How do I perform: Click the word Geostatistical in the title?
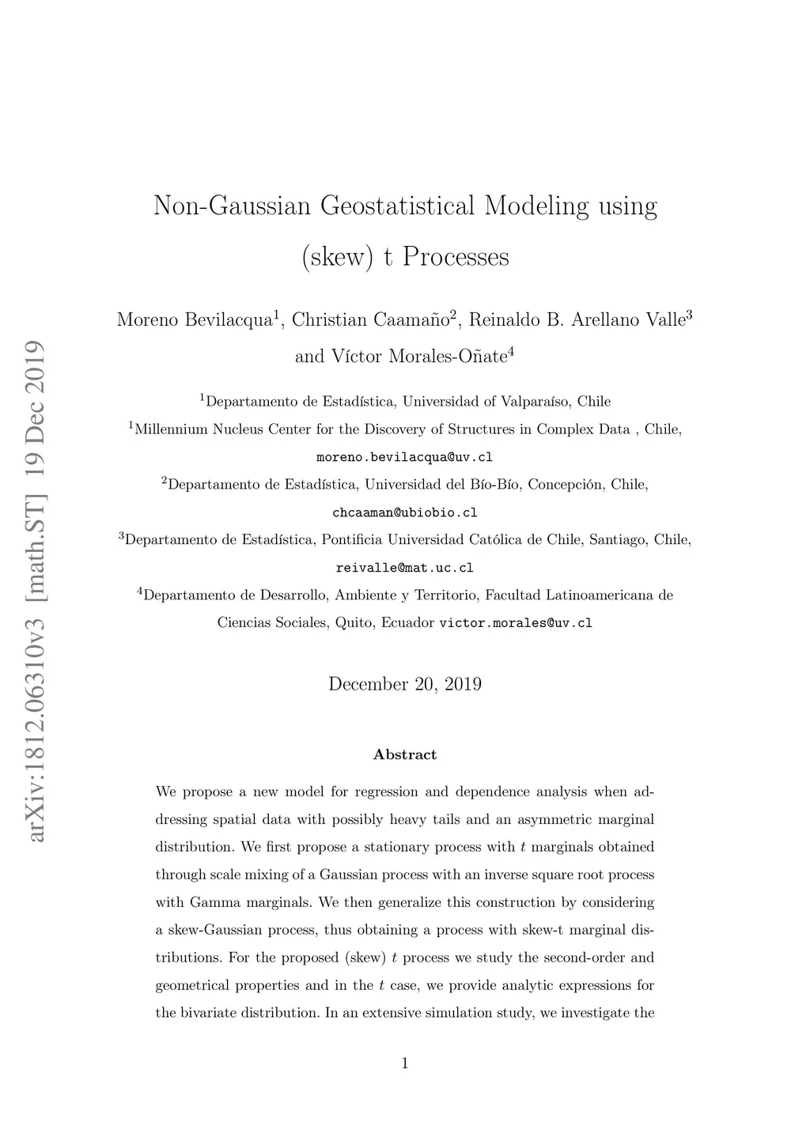click(397, 206)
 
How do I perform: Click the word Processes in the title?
click(456, 257)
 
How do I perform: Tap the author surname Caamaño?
click(411, 320)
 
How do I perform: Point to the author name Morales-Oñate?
click(448, 357)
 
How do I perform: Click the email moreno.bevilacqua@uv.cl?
click(404, 457)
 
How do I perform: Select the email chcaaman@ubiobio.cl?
click(404, 512)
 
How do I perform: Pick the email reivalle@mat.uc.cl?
click(404, 568)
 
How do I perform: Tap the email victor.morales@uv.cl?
click(515, 623)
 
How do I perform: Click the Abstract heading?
click(404, 754)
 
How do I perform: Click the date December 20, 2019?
click(404, 684)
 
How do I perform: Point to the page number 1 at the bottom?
click(404, 1064)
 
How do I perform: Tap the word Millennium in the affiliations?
click(172, 429)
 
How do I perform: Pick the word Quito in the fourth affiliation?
click(354, 623)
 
